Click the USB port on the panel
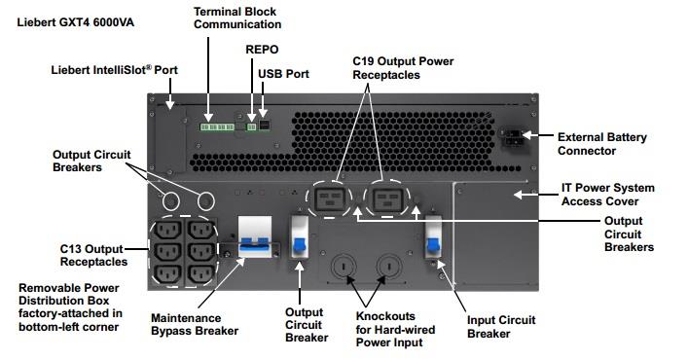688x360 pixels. tap(264, 125)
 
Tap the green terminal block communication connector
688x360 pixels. tap(217, 127)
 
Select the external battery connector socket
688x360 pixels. tap(512, 137)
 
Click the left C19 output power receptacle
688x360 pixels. tap(330, 199)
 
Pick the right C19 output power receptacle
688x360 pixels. tap(387, 200)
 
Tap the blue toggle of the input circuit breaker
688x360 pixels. tap(433, 244)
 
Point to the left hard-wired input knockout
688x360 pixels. tap(344, 267)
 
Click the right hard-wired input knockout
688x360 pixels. tap(388, 267)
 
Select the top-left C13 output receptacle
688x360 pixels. tap(168, 231)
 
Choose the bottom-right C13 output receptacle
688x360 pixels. tap(201, 275)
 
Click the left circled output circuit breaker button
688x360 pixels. tap(170, 201)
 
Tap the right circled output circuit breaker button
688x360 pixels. tap(205, 201)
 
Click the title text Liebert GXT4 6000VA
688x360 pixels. tap(76, 22)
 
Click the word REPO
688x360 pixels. tap(262, 50)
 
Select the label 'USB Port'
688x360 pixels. tap(283, 74)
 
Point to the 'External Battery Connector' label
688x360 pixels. tap(602, 144)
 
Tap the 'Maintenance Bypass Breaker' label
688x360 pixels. tap(195, 324)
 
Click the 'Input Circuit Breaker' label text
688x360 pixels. tap(501, 327)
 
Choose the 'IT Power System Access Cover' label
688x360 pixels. tap(607, 195)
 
